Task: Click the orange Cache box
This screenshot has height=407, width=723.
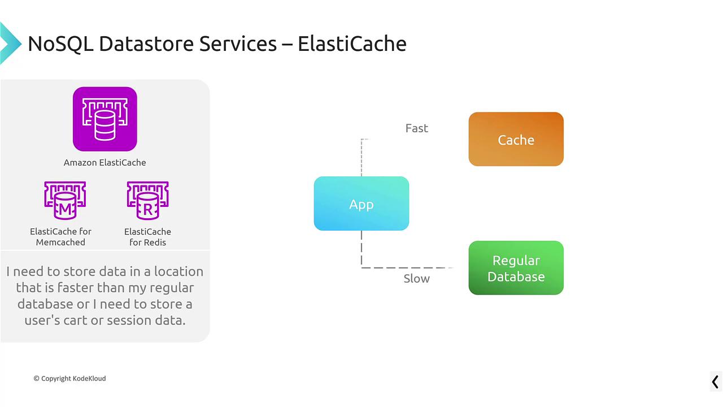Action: click(x=516, y=140)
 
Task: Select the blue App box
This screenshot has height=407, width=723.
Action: click(x=361, y=203)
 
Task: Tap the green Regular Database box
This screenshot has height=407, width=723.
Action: click(x=516, y=268)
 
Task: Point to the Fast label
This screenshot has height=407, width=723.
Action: click(x=417, y=128)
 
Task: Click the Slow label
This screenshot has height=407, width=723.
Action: click(x=417, y=279)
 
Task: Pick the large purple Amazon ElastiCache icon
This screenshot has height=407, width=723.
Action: click(x=104, y=119)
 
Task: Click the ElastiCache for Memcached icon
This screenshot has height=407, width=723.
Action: click(x=65, y=201)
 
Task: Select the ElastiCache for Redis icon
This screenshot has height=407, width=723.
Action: click(x=147, y=201)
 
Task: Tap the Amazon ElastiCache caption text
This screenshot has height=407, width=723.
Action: click(x=104, y=163)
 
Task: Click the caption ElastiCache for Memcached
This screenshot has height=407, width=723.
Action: click(x=60, y=237)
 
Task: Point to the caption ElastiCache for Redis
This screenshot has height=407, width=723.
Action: click(x=147, y=237)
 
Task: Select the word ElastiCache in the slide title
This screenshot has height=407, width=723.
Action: click(x=352, y=44)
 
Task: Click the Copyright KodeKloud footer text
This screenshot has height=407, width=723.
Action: click(x=69, y=378)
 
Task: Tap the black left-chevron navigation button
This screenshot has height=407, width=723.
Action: click(x=715, y=382)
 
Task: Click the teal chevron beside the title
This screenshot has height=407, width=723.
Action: click(x=8, y=43)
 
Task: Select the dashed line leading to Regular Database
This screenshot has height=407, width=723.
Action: click(x=407, y=267)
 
